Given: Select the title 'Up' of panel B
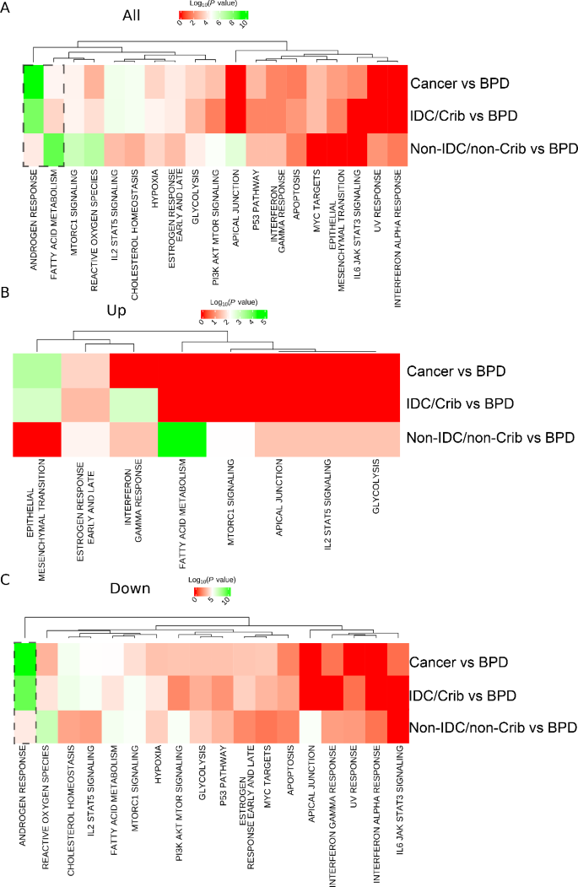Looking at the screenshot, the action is click(116, 311).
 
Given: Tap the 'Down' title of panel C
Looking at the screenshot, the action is click(130, 588).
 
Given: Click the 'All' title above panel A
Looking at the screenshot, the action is click(131, 15).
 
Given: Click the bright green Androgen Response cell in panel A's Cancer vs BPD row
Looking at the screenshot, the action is click(34, 82).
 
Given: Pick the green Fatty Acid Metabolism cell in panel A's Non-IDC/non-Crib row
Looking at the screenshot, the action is click(54, 149).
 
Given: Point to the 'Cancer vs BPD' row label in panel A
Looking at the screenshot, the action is click(460, 84).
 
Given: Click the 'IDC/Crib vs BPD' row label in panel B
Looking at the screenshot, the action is click(460, 404).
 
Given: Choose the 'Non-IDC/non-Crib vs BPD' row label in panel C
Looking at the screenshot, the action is click(493, 727).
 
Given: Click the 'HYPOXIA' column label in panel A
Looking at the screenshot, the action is click(155, 188).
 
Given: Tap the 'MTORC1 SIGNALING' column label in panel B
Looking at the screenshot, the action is click(230, 502).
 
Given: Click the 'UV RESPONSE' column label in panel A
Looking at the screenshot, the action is click(377, 201).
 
